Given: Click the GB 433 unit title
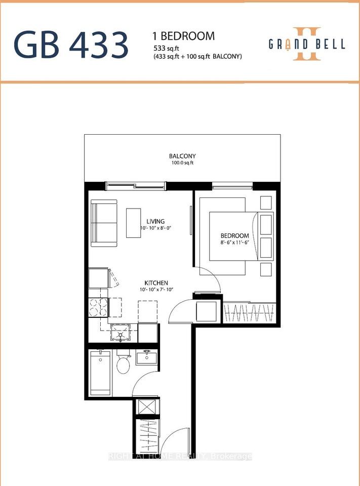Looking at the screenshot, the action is (x=71, y=45).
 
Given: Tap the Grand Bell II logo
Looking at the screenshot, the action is (x=307, y=44).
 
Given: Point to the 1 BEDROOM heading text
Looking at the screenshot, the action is (x=184, y=36).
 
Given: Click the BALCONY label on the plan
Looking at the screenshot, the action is (x=182, y=156).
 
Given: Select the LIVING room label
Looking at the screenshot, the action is (x=155, y=221).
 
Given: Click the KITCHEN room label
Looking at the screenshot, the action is (x=156, y=283).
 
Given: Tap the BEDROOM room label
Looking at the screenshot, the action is (x=235, y=236).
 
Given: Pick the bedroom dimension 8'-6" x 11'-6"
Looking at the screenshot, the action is (x=235, y=242).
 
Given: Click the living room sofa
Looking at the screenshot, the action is (x=104, y=223).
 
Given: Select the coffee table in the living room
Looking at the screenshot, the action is (x=134, y=223).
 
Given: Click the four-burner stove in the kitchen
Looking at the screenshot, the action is (x=98, y=307).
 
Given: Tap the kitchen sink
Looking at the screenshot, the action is (x=120, y=332).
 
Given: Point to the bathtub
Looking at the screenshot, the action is (x=100, y=373).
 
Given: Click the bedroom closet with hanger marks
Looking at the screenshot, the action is (x=250, y=313).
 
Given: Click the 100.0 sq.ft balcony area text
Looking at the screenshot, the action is (x=182, y=163).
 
